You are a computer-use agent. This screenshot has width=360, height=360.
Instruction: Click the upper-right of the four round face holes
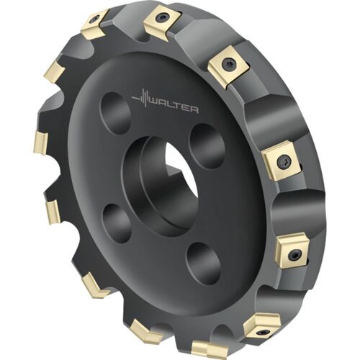tap(207, 146)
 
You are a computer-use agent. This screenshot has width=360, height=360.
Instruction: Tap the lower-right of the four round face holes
tap(203, 264)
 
